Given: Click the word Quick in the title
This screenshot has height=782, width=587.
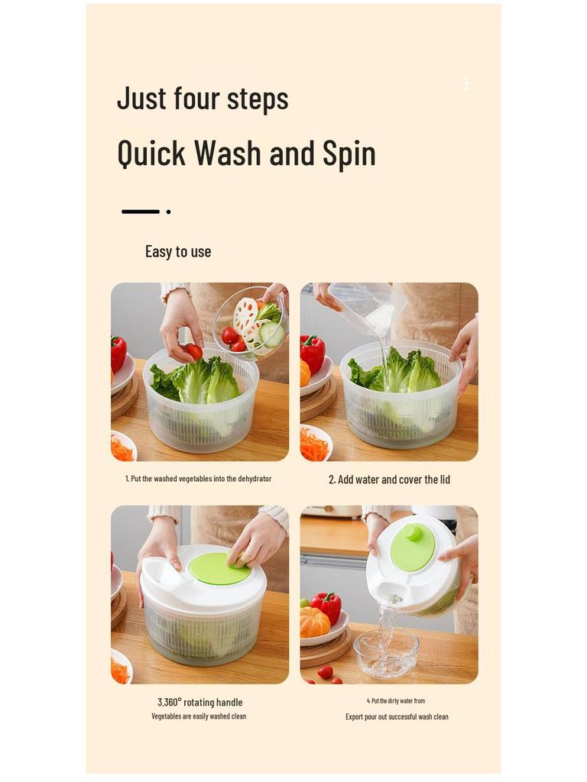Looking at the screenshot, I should point(151,153).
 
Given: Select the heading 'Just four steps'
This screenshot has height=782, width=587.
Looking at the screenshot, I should point(203,99).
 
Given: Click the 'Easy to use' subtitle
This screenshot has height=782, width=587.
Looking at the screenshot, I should point(178,252).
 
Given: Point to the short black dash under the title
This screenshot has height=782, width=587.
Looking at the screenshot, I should point(141,212).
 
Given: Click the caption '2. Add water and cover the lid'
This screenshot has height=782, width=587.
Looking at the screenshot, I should point(389,480).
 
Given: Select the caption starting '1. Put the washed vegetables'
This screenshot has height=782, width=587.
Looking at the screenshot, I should point(198,479).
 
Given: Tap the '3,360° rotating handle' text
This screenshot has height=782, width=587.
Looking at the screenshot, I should point(199,702).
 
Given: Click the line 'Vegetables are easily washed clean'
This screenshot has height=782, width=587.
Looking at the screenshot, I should point(199,716).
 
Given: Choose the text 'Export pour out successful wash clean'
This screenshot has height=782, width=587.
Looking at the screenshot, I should point(397,717).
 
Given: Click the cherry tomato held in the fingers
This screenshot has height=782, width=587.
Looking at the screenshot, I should point(193,351).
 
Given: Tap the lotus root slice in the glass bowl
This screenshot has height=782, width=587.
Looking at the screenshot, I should point(245,313).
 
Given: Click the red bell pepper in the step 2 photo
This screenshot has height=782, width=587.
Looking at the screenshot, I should point(312,353).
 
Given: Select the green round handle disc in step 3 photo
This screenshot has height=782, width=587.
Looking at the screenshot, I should point(219,569).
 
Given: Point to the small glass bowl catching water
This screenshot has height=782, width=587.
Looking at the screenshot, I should point(386,653).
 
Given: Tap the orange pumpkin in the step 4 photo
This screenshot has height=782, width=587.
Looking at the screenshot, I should point(314,622).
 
